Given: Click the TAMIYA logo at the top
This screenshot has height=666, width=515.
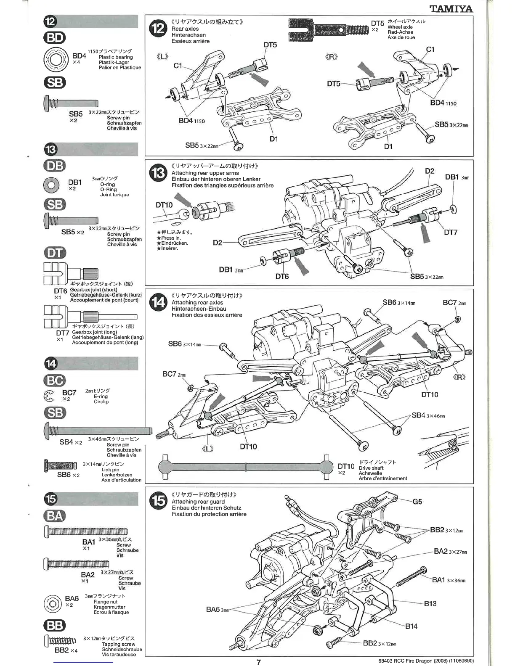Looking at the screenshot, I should click(x=451, y=8).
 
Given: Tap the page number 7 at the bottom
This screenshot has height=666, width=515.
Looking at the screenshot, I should click(x=259, y=662).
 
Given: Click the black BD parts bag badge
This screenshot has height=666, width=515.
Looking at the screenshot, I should click(x=55, y=38).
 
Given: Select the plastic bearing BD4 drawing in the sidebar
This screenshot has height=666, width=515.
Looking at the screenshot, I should click(x=56, y=59).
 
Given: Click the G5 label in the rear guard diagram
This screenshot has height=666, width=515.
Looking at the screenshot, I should click(x=417, y=501).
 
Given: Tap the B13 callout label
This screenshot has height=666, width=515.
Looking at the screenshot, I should click(x=430, y=603).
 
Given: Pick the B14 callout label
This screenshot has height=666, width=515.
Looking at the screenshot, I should click(x=411, y=626).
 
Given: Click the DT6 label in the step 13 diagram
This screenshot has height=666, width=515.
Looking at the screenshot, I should click(x=282, y=276).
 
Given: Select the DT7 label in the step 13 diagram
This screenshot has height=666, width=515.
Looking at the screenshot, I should click(x=450, y=232).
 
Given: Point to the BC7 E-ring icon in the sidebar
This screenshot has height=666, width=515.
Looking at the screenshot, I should click(x=49, y=396).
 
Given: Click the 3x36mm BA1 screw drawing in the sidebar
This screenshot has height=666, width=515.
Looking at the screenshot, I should click(x=85, y=532).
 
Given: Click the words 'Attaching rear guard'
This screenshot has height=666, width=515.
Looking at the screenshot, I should click(x=198, y=502).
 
